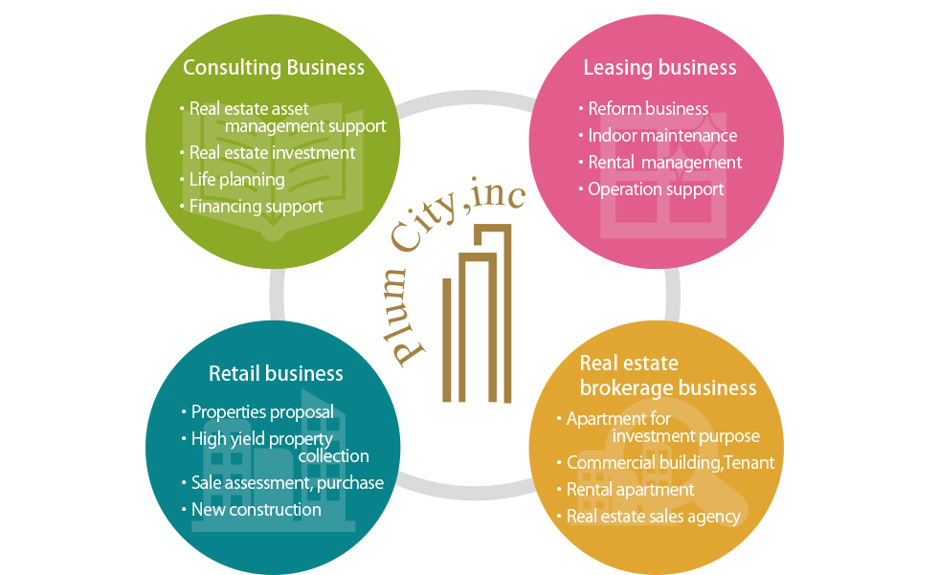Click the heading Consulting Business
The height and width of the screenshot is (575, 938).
pos(274,67)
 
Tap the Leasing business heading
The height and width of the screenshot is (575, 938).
pos(659,67)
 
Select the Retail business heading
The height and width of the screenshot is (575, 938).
pos(276,373)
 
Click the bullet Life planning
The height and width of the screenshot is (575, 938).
pos(236,179)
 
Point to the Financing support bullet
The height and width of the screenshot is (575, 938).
pos(256,206)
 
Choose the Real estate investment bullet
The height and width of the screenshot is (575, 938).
pos(272,152)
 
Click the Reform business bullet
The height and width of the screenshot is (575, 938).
pos(648,108)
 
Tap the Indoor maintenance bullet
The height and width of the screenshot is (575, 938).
pos(662,135)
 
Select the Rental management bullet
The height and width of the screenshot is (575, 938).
pos(664,162)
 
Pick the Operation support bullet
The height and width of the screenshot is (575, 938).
pos(656,188)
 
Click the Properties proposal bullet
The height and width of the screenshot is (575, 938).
pos(262,412)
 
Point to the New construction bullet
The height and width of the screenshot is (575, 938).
pos(256,509)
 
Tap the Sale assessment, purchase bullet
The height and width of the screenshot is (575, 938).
pos(287,482)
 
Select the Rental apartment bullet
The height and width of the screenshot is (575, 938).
pos(630,489)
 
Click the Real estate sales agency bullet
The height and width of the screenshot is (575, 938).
pos(653,516)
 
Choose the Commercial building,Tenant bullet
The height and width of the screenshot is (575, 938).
pos(670,462)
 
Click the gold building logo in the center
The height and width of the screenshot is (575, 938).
pos(477,315)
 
